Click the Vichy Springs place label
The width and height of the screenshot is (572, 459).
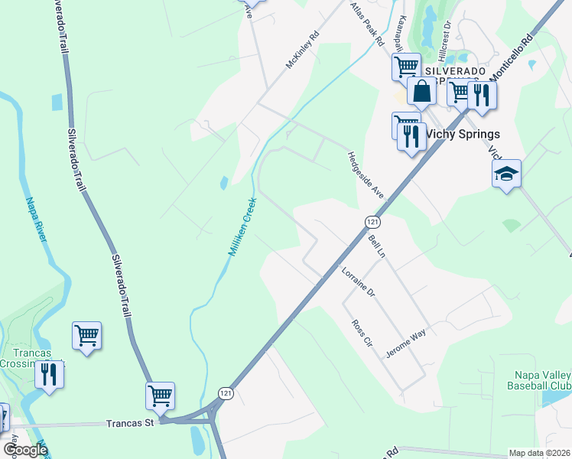462,133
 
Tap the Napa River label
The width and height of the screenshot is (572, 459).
37,220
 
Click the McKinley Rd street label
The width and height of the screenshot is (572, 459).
301,50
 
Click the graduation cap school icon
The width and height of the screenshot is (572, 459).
506,174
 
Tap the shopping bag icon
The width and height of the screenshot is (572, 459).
422,91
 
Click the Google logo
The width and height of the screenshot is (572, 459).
24,449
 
